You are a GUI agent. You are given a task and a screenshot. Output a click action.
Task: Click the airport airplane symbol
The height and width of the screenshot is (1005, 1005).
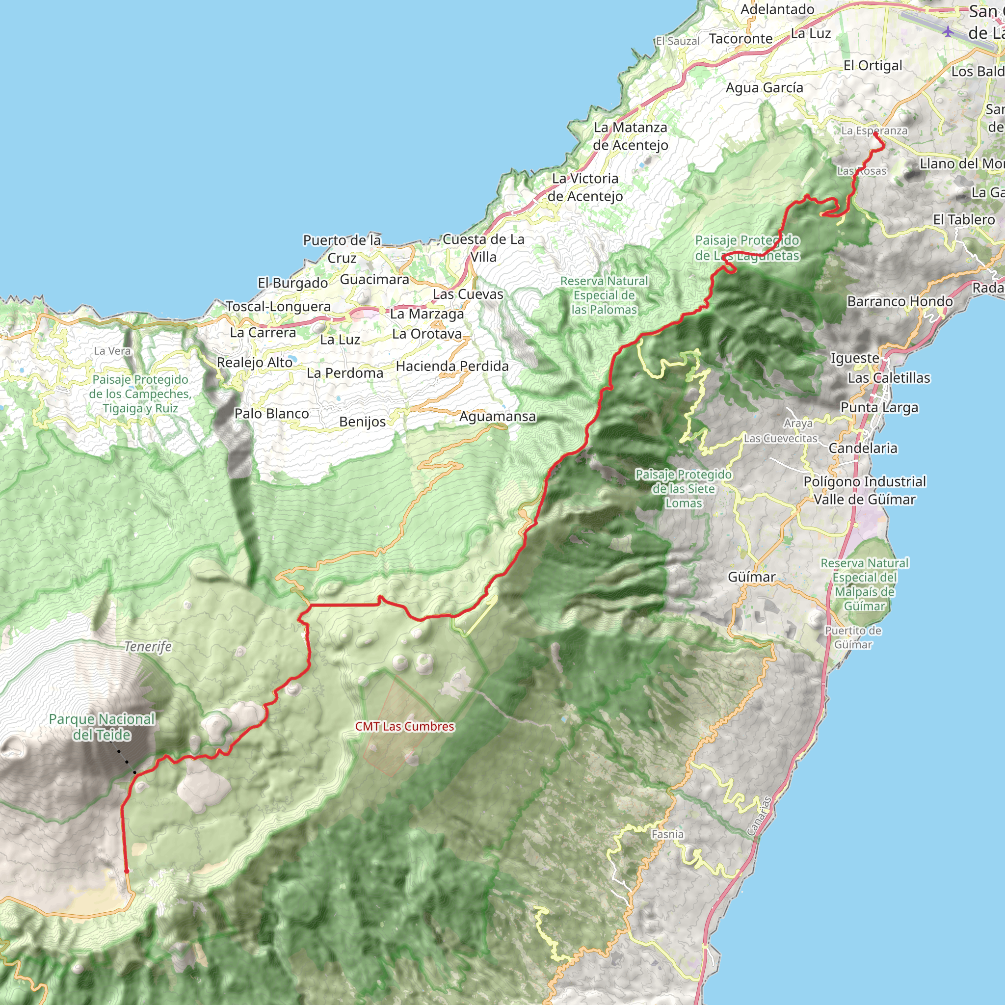tap(948, 31)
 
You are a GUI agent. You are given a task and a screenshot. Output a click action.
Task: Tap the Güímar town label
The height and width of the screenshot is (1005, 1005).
tap(751, 577)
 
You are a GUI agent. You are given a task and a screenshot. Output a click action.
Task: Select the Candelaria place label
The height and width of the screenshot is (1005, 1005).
tap(863, 448)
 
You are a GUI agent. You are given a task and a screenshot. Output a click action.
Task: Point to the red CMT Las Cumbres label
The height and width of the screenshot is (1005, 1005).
tap(405, 726)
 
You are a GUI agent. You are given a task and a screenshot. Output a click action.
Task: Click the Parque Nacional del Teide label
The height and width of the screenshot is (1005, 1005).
tap(102, 727)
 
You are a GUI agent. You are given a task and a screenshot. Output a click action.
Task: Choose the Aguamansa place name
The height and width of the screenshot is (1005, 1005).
tap(497, 416)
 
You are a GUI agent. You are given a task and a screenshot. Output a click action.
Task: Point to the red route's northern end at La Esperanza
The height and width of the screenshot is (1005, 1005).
tap(875, 134)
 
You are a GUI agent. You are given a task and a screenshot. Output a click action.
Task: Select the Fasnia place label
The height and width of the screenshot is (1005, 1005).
tap(667, 834)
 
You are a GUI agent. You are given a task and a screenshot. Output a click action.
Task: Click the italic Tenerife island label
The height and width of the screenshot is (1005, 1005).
tap(148, 647)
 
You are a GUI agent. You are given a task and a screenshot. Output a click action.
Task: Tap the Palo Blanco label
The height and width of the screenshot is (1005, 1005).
tap(271, 414)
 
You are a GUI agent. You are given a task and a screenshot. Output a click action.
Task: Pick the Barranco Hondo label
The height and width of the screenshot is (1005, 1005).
tap(900, 301)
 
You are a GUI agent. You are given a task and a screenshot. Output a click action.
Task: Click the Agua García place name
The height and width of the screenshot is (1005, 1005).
tap(764, 87)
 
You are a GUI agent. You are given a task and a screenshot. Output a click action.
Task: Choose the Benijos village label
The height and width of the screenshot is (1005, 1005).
tap(363, 422)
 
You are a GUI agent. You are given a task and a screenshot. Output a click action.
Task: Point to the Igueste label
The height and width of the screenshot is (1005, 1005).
tap(855, 358)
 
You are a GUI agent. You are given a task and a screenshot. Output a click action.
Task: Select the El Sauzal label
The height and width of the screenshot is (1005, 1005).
tap(678, 41)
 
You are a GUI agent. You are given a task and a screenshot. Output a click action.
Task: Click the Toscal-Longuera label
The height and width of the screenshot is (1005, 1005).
tap(278, 306)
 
